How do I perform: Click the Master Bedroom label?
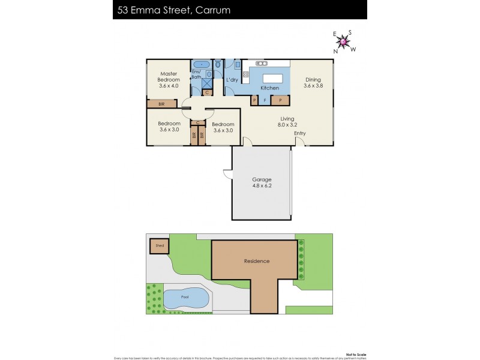[169, 80]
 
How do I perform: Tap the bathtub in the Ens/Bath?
[201, 64]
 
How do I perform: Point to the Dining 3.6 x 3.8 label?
[313, 83]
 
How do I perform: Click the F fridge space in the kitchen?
[265, 100]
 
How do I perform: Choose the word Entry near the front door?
[299, 133]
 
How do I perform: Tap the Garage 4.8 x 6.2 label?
[262, 182]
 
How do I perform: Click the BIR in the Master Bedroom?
[161, 104]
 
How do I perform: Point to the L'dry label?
[232, 80]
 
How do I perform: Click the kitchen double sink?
[262, 62]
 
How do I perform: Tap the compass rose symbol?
[344, 41]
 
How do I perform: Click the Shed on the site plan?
[160, 246]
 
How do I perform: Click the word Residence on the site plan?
[256, 261]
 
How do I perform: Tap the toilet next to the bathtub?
[218, 64]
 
